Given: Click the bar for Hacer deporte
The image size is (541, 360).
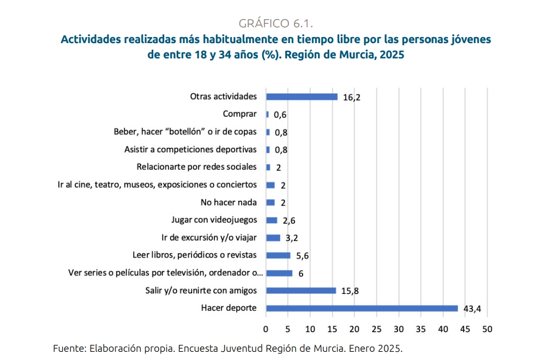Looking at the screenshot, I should click(x=362, y=308).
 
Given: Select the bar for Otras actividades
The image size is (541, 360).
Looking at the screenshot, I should click(x=302, y=97).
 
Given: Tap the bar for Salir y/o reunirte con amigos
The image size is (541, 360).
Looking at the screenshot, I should click(x=300, y=290).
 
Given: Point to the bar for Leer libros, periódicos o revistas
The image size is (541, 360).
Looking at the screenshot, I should click(x=278, y=255).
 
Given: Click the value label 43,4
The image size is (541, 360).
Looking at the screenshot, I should click(x=472, y=309).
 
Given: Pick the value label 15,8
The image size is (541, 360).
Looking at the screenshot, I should click(x=350, y=291).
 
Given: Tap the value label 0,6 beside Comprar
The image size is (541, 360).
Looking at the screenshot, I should click(x=280, y=115).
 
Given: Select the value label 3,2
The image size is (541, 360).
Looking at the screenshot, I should click(x=292, y=238).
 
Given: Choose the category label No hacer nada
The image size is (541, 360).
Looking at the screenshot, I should click(x=229, y=202).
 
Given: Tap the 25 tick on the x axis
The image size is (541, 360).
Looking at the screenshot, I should click(x=376, y=329).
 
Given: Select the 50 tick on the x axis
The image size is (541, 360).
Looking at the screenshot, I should click(x=487, y=329).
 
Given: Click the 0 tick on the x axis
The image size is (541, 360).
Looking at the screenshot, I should click(x=266, y=329).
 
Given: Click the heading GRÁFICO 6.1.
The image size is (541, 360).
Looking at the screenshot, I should click(x=275, y=23).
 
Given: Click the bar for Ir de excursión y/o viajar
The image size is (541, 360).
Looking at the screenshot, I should click(x=273, y=238).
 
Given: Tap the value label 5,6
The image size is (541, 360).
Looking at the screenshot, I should click(x=303, y=256).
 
